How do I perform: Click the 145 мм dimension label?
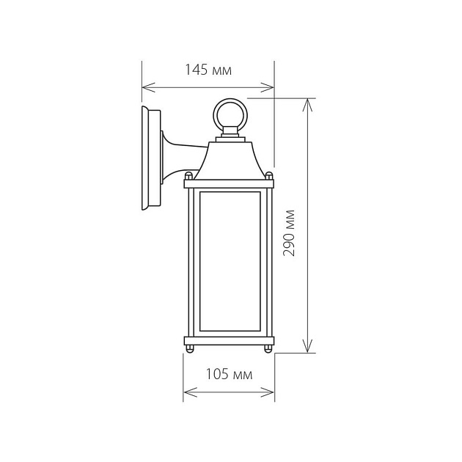point(208,71)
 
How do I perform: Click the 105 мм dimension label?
point(229,375)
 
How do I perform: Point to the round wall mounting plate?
point(150,159)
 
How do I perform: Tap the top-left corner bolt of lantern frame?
point(188,176)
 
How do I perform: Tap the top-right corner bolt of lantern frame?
point(269,176)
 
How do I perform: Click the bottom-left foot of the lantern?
point(190,348)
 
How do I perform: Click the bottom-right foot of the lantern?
point(268,348)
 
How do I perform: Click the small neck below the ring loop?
point(231,134)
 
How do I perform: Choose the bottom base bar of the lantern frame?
point(229,340)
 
